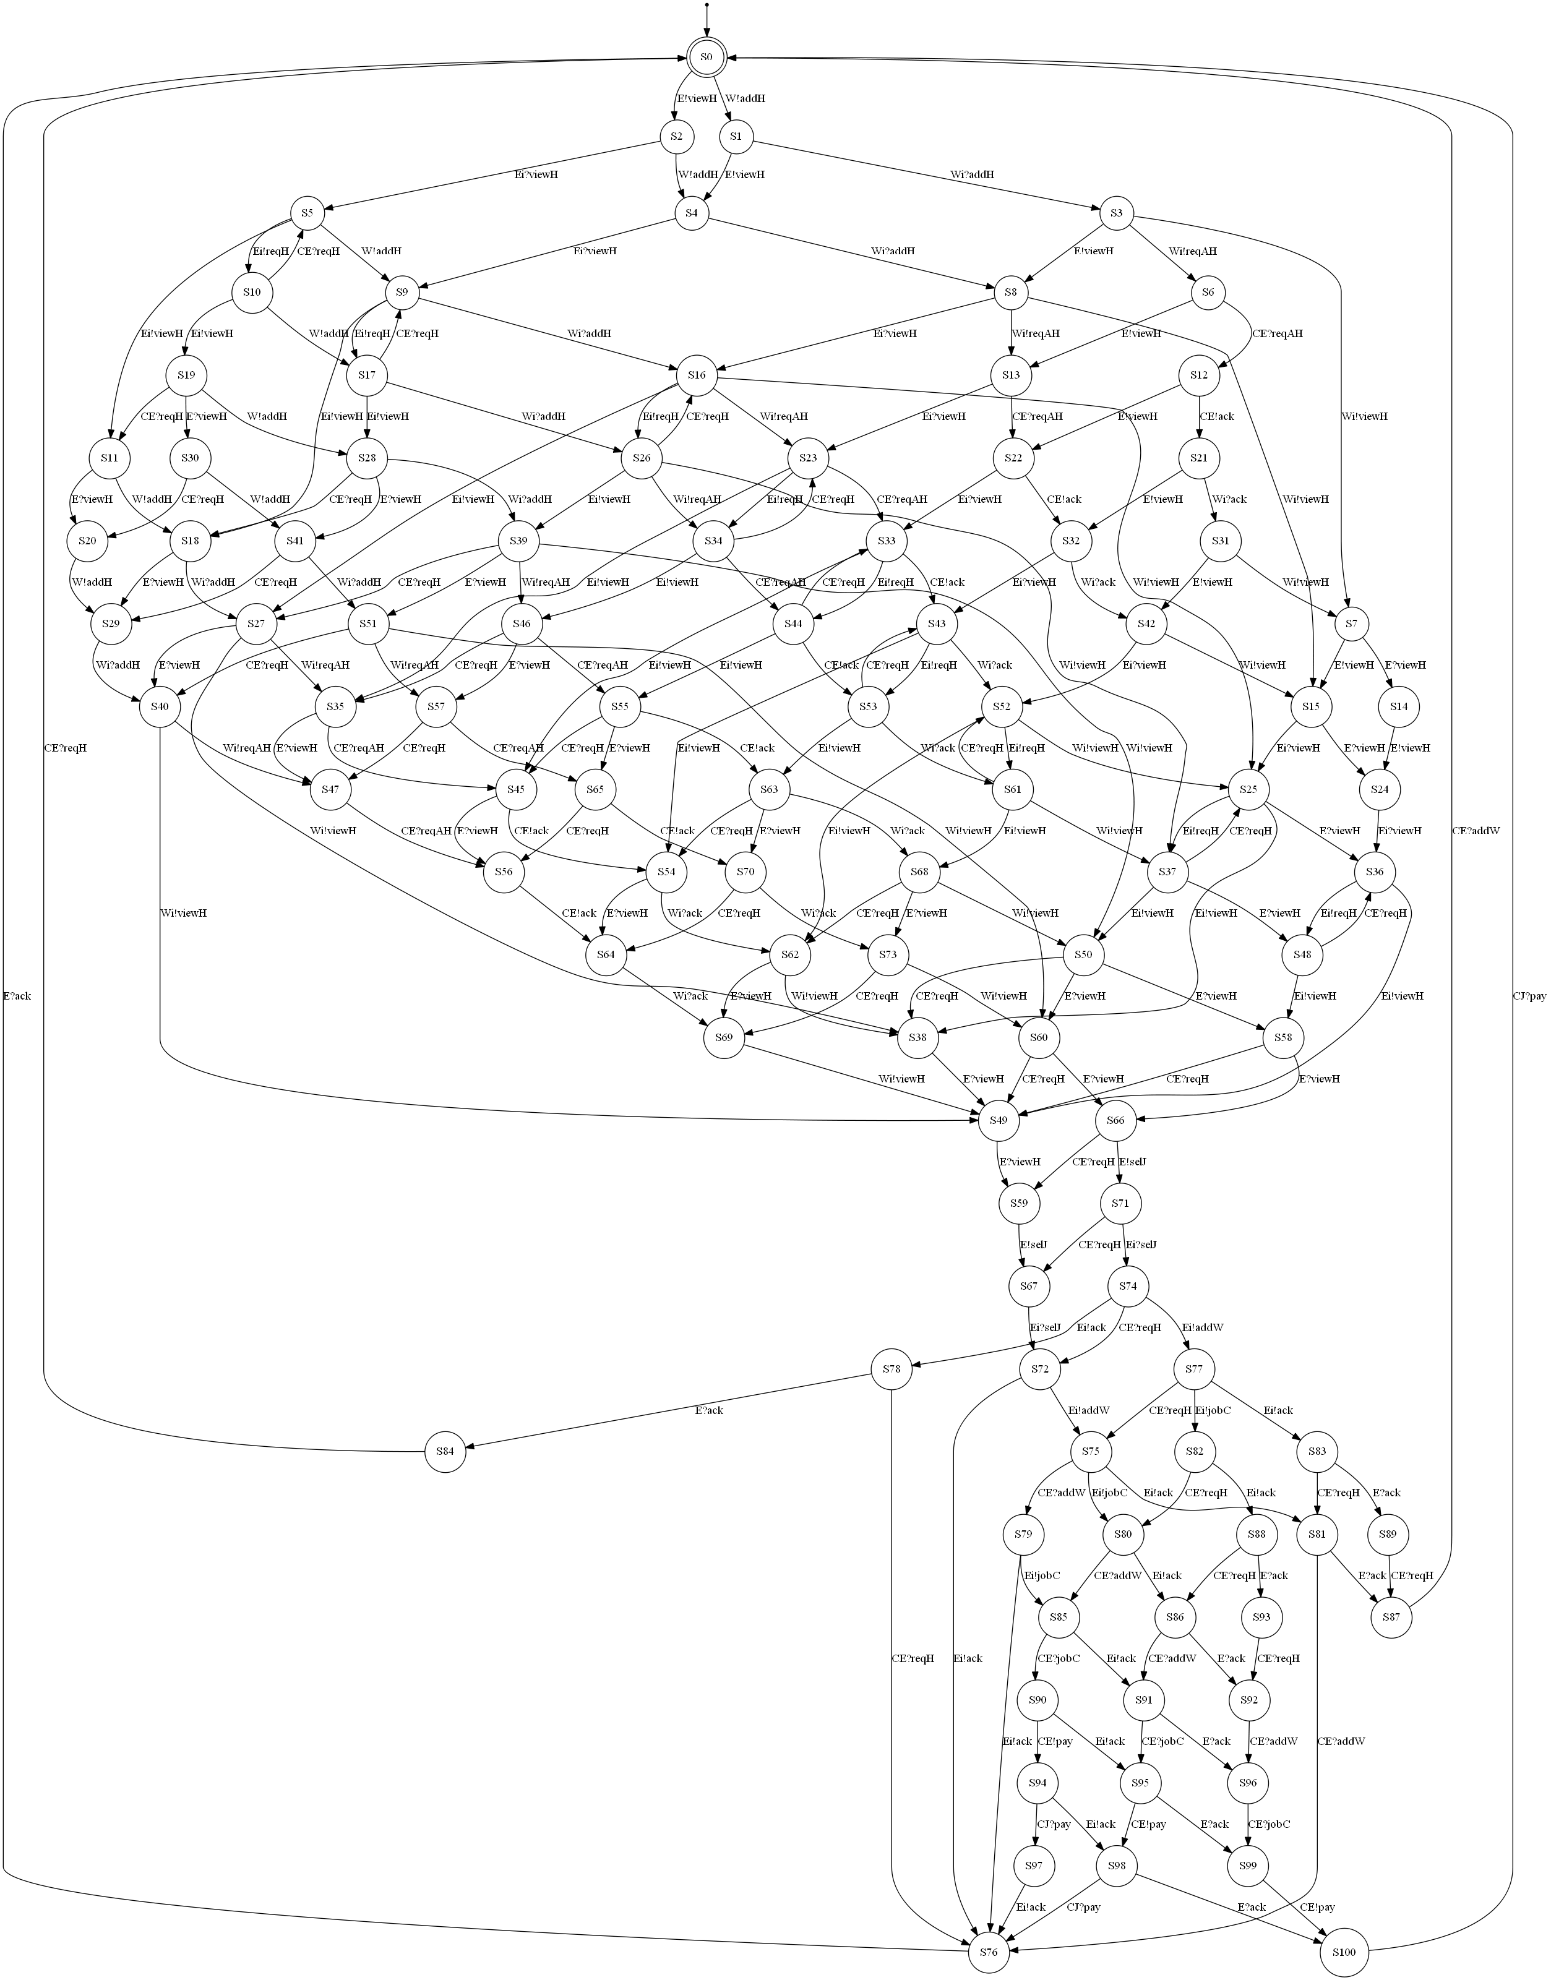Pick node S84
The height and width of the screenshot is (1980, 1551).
click(444, 1451)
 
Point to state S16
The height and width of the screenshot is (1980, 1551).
click(697, 374)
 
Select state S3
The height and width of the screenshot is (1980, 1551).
click(1116, 213)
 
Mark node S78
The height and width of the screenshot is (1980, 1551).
click(891, 1368)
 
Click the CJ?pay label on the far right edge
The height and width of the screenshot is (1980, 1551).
click(1529, 996)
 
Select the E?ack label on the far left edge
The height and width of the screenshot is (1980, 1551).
click(17, 996)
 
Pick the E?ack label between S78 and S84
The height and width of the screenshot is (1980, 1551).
click(709, 1410)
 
